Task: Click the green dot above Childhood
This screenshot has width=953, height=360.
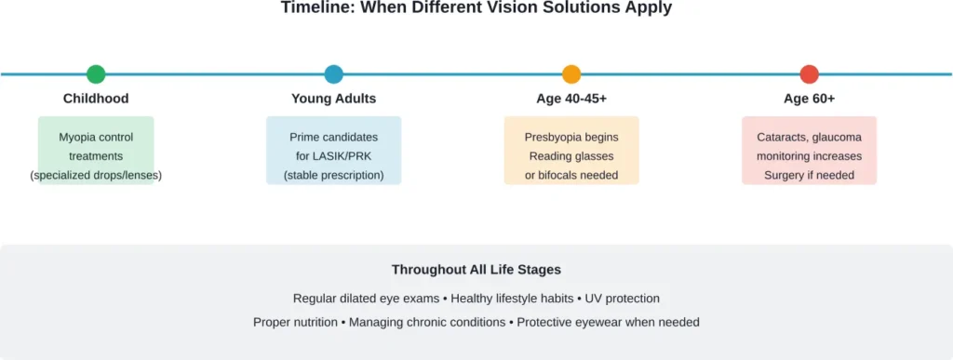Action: [x=96, y=74]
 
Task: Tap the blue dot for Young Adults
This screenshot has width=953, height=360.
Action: [x=333, y=74]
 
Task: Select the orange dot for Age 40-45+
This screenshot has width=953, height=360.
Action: [x=571, y=74]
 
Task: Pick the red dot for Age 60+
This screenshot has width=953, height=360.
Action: [x=809, y=74]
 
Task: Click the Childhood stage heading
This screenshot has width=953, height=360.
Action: [x=96, y=99]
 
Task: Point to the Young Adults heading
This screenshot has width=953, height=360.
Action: [x=333, y=99]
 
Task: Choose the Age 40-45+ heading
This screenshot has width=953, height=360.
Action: [x=571, y=99]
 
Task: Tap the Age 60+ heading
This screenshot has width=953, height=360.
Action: [x=809, y=99]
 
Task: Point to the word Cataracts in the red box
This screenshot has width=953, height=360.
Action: [x=782, y=138]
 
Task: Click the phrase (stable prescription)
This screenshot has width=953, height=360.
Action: [x=333, y=175]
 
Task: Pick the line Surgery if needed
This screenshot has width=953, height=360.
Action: [x=809, y=175]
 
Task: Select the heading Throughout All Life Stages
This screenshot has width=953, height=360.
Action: [x=476, y=271]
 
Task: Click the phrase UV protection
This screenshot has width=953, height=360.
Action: [x=623, y=299]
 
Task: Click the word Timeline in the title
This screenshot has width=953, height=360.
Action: [x=314, y=7]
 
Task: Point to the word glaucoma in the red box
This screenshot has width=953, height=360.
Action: [x=837, y=138]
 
